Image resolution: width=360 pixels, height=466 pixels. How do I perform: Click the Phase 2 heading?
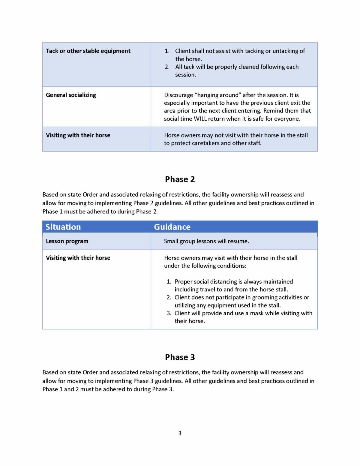tap(180, 179)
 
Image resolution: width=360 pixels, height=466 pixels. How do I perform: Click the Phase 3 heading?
tap(180, 357)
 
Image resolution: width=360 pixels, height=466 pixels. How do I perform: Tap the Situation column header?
tap(63, 227)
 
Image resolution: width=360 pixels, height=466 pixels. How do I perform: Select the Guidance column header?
tap(172, 227)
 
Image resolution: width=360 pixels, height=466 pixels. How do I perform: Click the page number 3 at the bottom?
tap(180, 433)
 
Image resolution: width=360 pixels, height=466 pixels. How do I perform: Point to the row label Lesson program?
tap(67, 241)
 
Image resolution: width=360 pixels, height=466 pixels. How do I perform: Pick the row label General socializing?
tap(71, 95)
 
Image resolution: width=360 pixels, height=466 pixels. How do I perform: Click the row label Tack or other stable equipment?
tap(88, 51)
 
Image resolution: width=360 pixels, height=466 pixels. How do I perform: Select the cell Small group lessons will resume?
tap(206, 241)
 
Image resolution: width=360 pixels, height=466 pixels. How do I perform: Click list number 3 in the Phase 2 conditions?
tap(169, 313)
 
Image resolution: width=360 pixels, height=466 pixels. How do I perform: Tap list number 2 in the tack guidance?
tap(167, 67)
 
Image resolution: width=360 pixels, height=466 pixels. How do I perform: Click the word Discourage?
tap(178, 95)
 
